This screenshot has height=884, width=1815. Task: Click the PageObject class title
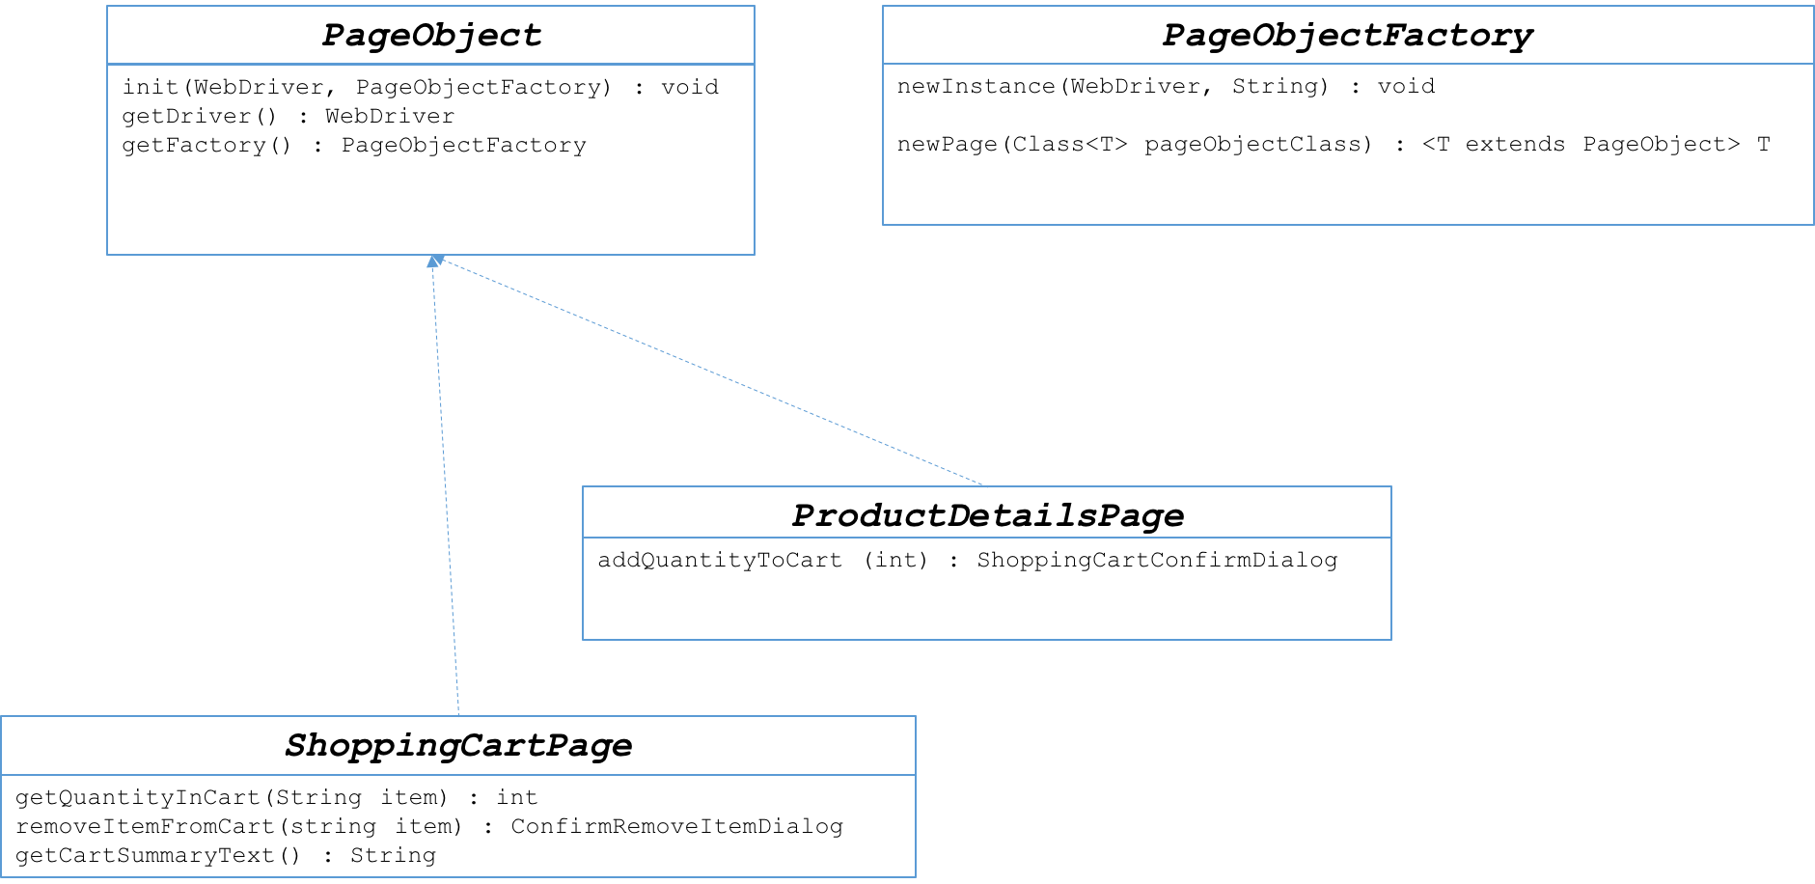click(431, 36)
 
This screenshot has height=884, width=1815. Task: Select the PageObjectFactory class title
click(1347, 36)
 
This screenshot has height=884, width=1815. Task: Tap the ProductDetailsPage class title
click(987, 515)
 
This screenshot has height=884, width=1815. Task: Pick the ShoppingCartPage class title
click(458, 745)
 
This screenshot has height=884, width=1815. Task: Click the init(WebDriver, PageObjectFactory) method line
click(421, 88)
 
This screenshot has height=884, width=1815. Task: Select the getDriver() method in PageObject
click(289, 117)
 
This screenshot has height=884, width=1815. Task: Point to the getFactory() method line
click(354, 146)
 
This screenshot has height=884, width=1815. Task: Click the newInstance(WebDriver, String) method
click(1166, 87)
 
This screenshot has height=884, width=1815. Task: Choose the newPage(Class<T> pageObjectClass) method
click(1334, 145)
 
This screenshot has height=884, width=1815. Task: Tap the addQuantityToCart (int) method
click(968, 561)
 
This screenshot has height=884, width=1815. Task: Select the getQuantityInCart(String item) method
click(276, 798)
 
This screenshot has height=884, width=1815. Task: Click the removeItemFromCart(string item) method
click(429, 827)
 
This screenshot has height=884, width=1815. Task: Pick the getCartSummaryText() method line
click(226, 856)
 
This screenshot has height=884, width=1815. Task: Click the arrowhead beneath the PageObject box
click(434, 261)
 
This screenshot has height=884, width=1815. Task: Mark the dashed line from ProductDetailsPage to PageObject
click(708, 372)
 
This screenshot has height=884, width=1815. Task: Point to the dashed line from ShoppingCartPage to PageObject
click(446, 486)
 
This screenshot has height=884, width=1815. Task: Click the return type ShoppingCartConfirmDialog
click(1157, 561)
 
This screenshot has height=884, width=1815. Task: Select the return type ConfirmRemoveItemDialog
click(676, 827)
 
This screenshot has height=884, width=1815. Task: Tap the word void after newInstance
click(1406, 87)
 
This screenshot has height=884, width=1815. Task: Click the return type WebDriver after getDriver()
click(390, 117)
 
